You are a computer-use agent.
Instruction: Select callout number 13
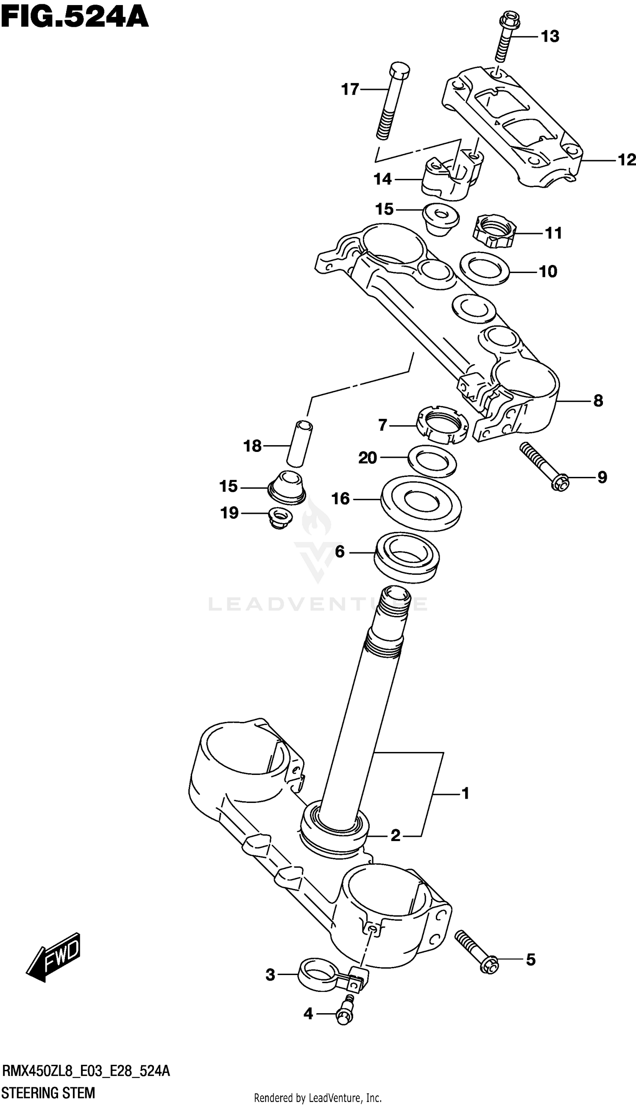(x=550, y=37)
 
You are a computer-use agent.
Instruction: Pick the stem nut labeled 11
(x=494, y=230)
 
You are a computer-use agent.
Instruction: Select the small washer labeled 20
(x=432, y=460)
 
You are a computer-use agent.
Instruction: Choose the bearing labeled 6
(x=407, y=557)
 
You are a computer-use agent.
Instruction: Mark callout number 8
(x=598, y=401)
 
